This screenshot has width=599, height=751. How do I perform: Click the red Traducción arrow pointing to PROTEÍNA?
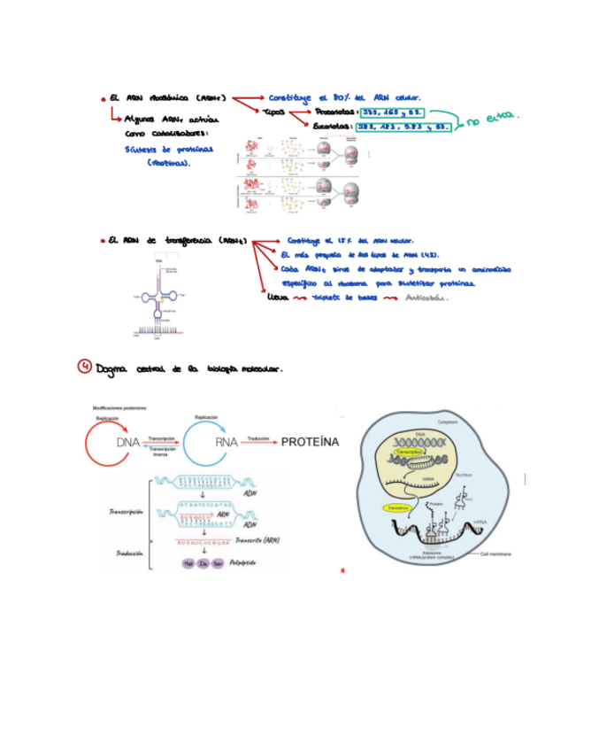258,444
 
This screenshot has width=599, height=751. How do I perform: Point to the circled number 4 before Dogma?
84,368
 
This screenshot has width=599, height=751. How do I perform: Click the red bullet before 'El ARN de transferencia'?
104,239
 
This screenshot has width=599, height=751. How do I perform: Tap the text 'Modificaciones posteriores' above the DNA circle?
121,407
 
